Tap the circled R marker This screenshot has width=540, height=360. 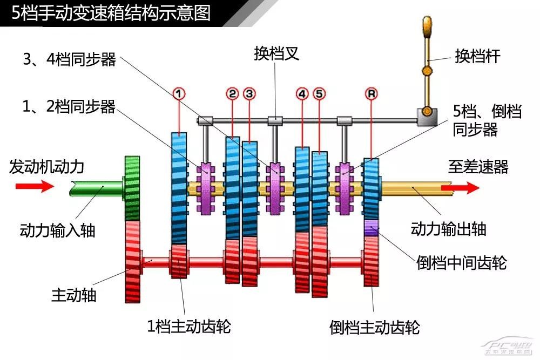tap(371, 93)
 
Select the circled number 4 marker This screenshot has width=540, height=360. tap(302, 93)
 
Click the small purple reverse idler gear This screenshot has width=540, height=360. tap(372, 227)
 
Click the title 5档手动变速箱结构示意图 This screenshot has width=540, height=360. tap(111, 12)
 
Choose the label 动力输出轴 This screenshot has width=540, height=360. tap(449, 228)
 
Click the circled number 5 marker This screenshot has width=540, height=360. tap(319, 93)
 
